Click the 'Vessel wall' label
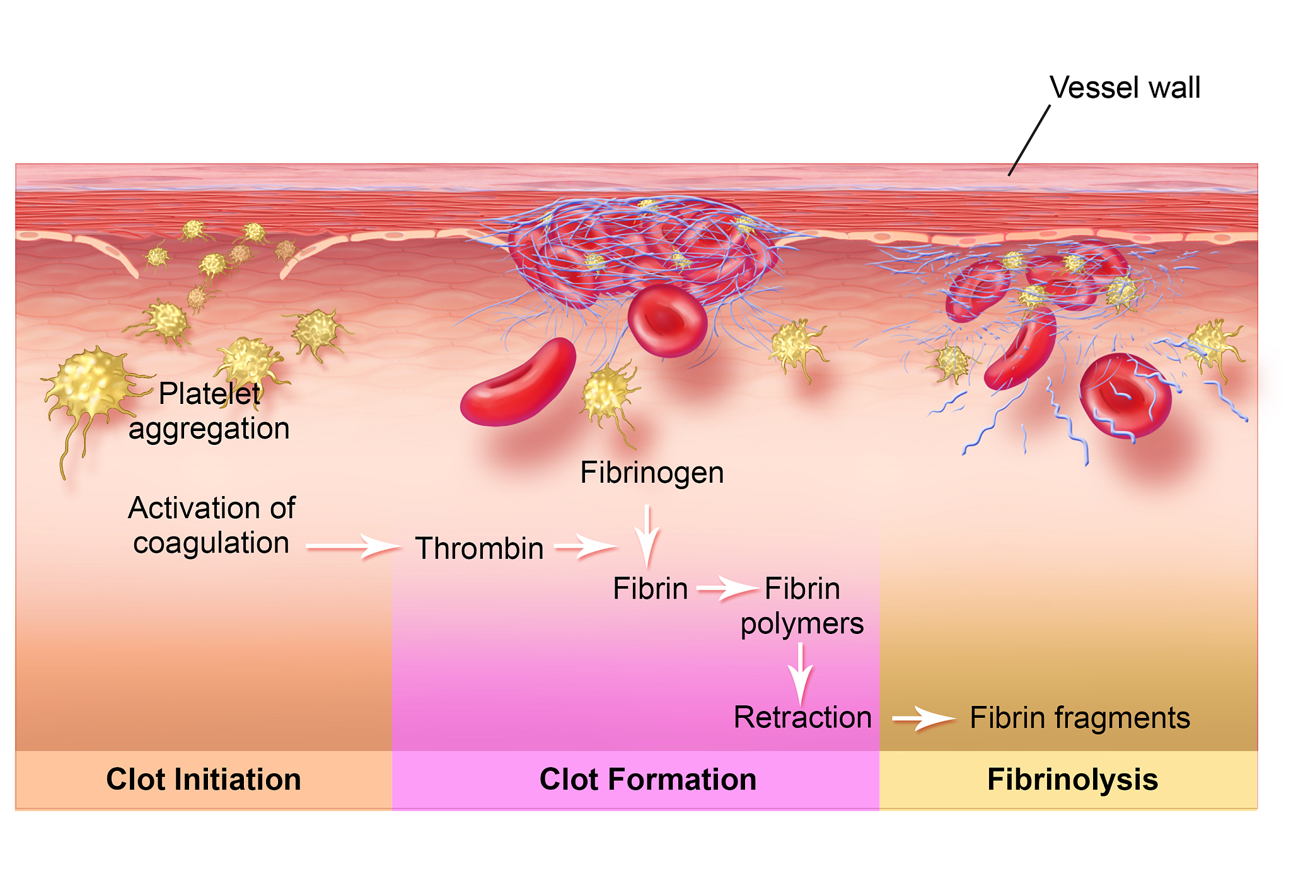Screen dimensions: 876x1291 [x=1125, y=88]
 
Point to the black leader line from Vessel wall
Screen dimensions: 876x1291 [x=1029, y=141]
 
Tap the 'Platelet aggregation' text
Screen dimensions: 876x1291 [x=209, y=411]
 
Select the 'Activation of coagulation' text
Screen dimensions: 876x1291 [x=211, y=525]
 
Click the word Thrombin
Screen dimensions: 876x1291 [x=479, y=548]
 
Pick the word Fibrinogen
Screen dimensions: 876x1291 [x=652, y=473]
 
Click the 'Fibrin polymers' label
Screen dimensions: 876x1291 [x=802, y=606]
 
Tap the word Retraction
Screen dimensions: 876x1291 [x=802, y=717]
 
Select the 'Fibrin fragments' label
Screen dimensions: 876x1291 [x=1080, y=718]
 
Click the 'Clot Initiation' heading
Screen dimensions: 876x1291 [x=204, y=780]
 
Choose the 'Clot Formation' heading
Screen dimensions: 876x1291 [x=648, y=780]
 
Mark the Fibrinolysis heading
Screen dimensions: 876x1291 [x=1072, y=780]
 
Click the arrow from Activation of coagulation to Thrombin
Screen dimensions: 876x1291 [x=353, y=546]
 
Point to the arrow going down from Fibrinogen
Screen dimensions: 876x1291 [x=647, y=536]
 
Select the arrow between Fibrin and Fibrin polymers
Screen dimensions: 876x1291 [x=727, y=589]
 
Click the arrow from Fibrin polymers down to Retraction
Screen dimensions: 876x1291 [x=801, y=672]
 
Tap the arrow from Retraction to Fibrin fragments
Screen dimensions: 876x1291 [x=923, y=718]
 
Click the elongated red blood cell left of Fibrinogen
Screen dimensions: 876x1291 [x=519, y=384]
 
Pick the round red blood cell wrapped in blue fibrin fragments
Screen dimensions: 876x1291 [x=1125, y=395]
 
